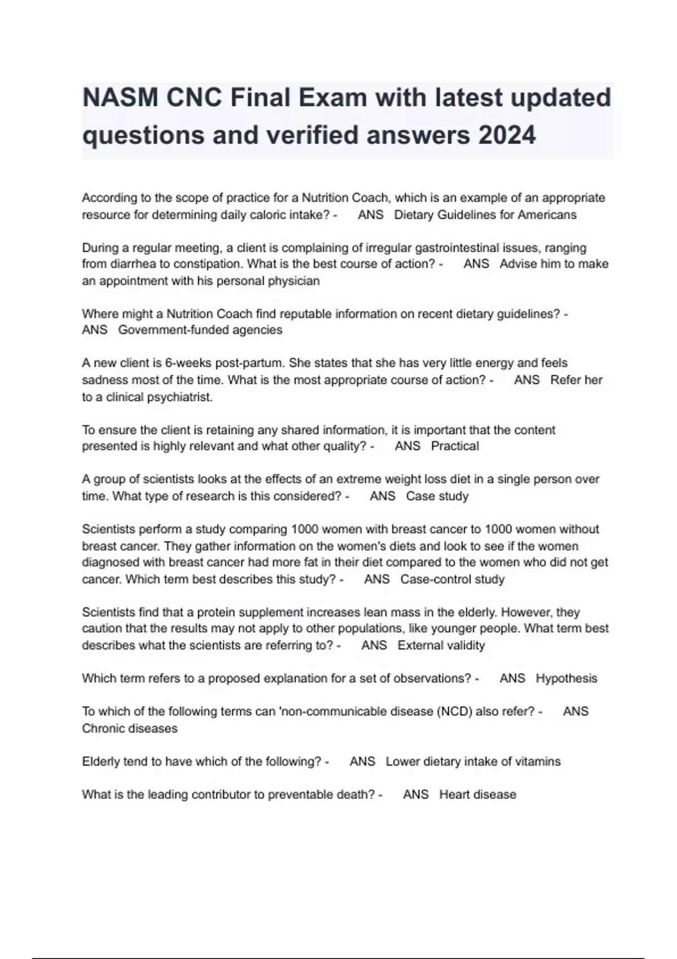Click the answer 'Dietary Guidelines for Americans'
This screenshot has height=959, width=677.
tap(485, 215)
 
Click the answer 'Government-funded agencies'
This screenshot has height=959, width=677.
tap(200, 330)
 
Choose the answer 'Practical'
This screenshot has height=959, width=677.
tap(455, 446)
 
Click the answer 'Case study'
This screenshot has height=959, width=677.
tap(437, 496)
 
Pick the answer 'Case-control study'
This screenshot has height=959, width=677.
tap(452, 579)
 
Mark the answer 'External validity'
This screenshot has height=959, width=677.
tap(441, 645)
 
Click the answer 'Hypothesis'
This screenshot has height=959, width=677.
tap(566, 679)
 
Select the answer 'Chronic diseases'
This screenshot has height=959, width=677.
tap(130, 728)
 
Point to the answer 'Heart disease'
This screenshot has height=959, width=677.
tap(478, 795)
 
